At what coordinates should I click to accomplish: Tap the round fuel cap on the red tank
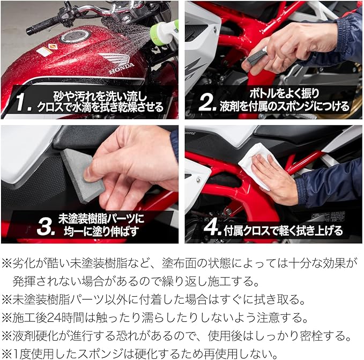pos(75,36)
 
